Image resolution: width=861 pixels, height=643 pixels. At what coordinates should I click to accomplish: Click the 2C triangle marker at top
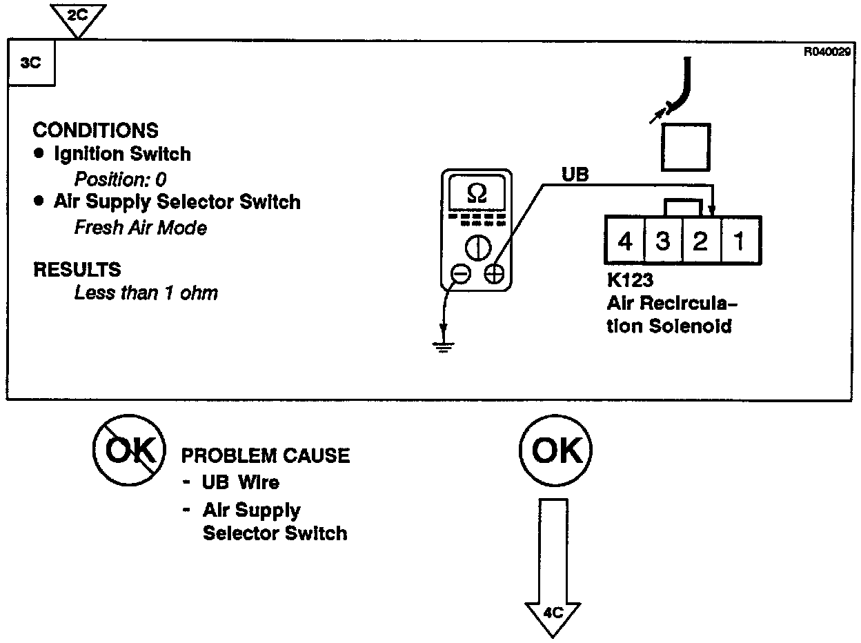click(78, 16)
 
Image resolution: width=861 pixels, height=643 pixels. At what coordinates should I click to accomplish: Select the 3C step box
click(31, 63)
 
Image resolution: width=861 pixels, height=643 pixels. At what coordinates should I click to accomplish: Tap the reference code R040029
click(827, 50)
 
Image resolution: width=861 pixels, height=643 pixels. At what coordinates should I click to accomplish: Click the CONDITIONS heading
click(95, 130)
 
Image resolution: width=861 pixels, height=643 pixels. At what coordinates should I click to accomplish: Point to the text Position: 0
click(121, 179)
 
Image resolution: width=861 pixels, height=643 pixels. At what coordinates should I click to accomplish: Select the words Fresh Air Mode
click(140, 227)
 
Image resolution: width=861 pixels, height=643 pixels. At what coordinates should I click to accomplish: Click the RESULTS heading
click(77, 270)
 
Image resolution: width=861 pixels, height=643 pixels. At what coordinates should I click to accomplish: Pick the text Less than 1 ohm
click(146, 293)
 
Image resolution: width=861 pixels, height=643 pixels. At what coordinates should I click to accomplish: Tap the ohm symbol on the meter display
click(477, 194)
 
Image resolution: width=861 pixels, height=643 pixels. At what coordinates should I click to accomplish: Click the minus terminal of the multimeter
click(461, 274)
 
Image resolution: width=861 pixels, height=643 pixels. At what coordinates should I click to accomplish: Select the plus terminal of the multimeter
click(494, 274)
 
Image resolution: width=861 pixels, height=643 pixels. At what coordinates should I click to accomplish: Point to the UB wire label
click(575, 175)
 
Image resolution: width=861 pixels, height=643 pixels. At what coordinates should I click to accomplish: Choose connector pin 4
click(625, 241)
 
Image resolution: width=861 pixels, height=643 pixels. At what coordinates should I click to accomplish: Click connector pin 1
click(738, 241)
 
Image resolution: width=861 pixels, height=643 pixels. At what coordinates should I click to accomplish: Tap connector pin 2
click(700, 241)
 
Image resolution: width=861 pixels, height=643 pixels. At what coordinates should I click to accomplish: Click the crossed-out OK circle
click(128, 451)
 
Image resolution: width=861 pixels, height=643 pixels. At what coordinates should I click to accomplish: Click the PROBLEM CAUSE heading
click(265, 456)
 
